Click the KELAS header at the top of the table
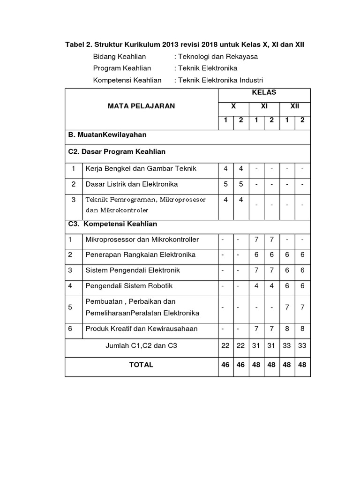(264, 92)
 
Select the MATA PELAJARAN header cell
(141, 106)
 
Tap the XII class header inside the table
(294, 106)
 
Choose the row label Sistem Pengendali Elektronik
(133, 270)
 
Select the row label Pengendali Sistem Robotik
(129, 286)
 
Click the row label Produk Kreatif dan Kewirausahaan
(142, 329)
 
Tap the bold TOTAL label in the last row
(141, 365)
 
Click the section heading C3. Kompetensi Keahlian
(112, 224)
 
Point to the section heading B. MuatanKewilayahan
(107, 135)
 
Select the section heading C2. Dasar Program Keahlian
(117, 152)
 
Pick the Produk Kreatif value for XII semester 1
(287, 329)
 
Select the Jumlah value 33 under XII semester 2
(302, 346)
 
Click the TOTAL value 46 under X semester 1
(225, 365)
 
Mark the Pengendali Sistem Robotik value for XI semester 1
(256, 286)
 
